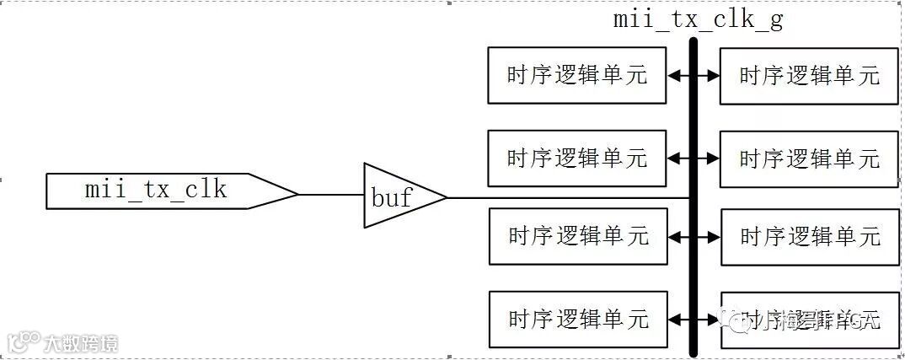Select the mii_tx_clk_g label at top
coord(698,19)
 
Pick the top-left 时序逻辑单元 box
coord(577,75)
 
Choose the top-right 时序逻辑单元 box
coord(809,76)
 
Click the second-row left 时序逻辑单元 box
coord(577,158)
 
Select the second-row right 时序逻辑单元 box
coord(809,159)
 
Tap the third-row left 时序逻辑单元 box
coord(578,236)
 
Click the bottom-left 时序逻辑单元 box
coord(578,320)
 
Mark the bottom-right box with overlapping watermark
coord(809,320)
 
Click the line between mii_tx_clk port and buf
coord(331,194)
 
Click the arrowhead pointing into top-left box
coord(672,75)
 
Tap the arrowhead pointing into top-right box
coord(714,75)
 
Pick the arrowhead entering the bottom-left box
coord(673,320)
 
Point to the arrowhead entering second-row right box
coord(714,158)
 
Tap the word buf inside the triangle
coord(392,198)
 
